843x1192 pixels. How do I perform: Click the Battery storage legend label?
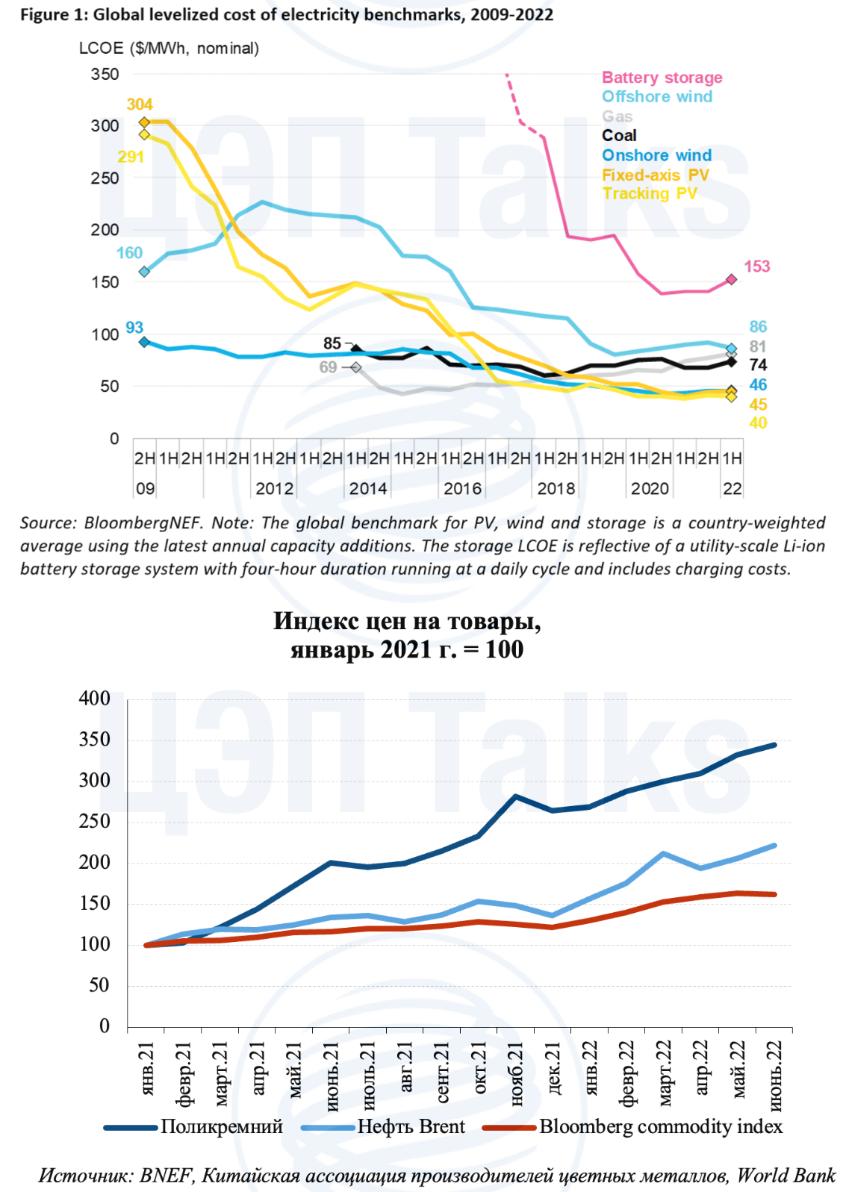662,78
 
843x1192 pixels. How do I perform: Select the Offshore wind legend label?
657,97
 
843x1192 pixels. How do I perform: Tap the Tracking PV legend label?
650,194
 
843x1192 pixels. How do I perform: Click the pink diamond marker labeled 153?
731,279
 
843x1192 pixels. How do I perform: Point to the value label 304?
140,104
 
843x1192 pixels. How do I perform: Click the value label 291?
131,157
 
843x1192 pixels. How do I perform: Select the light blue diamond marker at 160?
144,272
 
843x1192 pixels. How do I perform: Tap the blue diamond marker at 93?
144,342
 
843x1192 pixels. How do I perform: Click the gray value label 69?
328,367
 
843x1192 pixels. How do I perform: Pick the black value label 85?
332,343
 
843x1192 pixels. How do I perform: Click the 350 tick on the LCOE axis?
105,74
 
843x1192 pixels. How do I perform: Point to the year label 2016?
462,489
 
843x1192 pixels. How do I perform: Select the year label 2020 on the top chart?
650,489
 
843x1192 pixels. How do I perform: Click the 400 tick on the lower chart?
94,699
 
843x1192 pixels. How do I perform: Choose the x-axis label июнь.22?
775,1076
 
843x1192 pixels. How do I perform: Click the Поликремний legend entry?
221,1126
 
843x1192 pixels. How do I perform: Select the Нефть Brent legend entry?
411,1126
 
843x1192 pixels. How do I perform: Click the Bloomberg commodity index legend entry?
661,1126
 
